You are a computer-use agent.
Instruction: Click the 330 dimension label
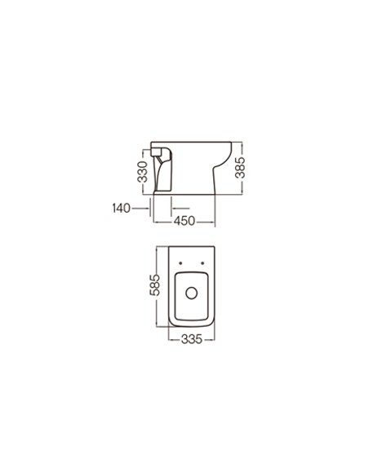pyautogui.click(x=142, y=172)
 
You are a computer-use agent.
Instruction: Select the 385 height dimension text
pyautogui.click(x=240, y=167)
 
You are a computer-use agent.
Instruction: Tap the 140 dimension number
pyautogui.click(x=122, y=209)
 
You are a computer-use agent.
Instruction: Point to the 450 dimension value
pyautogui.click(x=184, y=221)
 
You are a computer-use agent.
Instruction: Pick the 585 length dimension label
pyautogui.click(x=154, y=284)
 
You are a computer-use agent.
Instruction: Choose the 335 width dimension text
pyautogui.click(x=192, y=339)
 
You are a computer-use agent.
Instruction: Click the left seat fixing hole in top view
pyautogui.click(x=180, y=263)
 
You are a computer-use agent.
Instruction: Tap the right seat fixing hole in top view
pyautogui.click(x=202, y=263)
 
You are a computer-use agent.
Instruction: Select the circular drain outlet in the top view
pyautogui.click(x=192, y=293)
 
